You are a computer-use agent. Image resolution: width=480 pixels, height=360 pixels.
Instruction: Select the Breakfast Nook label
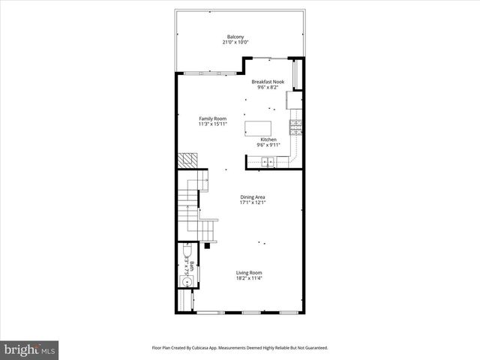click(268, 82)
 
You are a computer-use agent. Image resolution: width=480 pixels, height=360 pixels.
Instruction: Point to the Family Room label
click(211, 118)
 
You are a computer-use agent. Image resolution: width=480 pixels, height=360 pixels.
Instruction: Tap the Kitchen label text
click(268, 139)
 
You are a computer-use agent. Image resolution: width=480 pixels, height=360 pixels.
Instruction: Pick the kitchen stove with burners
click(296, 127)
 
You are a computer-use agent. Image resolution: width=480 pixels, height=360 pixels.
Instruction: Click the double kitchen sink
click(268, 160)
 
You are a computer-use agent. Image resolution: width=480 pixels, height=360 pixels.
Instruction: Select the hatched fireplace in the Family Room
click(187, 161)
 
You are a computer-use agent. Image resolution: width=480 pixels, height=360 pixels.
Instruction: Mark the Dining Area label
click(252, 197)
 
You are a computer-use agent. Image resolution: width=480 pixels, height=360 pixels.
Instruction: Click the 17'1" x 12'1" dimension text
click(252, 203)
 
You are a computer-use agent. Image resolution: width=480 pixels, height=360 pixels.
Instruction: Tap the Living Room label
click(249, 273)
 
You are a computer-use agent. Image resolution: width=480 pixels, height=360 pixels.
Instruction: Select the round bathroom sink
click(185, 283)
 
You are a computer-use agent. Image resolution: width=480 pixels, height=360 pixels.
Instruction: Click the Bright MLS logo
click(30, 349)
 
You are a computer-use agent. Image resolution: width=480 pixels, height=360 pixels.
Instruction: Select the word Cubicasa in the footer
click(215, 348)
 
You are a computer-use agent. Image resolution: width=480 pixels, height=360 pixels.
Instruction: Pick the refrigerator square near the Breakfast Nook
click(294, 100)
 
